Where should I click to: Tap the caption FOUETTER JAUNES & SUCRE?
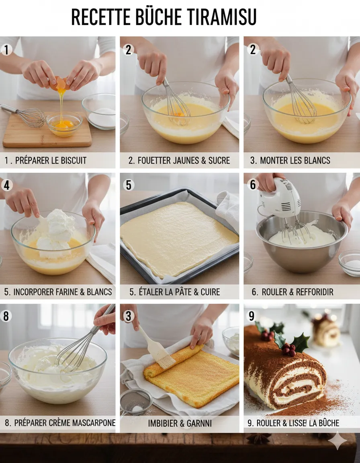179,160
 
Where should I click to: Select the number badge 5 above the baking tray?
129,185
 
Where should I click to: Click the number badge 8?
6,316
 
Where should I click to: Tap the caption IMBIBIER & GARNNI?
180,423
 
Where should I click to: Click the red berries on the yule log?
288,350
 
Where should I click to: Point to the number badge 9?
252,316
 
